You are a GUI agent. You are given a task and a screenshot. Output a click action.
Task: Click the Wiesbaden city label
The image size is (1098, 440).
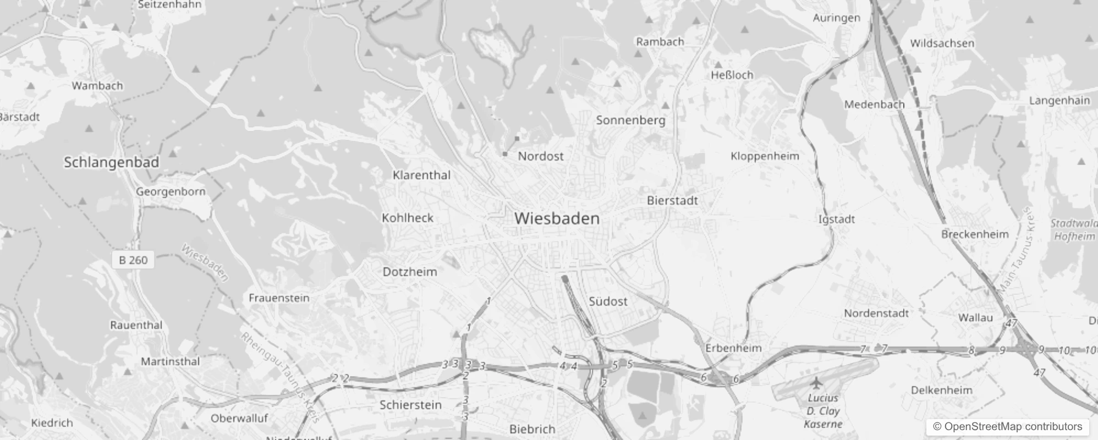(557, 218)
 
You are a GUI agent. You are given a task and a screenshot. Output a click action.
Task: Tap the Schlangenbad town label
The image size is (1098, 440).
(111, 162)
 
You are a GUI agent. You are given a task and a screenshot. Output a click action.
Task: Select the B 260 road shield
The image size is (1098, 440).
(134, 260)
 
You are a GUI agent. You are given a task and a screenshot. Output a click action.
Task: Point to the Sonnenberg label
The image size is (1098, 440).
(630, 120)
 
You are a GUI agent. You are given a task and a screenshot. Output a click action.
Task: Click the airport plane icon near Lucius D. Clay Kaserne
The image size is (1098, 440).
(815, 382)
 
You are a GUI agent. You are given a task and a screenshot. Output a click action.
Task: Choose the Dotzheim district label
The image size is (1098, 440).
(409, 272)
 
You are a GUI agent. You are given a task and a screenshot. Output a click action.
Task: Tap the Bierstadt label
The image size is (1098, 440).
(672, 201)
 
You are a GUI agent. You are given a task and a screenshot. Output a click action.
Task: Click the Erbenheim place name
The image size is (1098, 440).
(733, 348)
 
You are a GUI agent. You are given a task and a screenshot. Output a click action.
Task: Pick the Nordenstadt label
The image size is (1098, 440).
(876, 313)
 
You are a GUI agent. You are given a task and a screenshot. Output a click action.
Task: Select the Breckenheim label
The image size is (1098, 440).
(974, 234)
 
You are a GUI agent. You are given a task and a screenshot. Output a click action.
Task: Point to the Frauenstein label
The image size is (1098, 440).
(279, 298)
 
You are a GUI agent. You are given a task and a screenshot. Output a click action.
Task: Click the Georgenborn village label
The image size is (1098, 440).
(171, 192)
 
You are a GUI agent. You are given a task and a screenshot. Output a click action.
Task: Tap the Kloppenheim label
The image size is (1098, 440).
(764, 156)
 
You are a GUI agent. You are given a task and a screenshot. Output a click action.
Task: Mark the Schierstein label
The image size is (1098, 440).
(410, 405)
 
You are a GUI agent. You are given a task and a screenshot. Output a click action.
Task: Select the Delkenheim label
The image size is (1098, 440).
(941, 391)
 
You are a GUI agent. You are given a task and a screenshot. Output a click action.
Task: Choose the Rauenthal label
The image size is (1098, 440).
(136, 325)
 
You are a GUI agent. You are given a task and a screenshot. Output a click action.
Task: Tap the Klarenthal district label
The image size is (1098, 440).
(421, 175)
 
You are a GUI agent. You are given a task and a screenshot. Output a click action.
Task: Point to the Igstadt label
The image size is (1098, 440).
(836, 219)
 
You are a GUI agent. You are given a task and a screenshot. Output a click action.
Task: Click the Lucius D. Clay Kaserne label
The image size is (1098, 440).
(823, 411)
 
